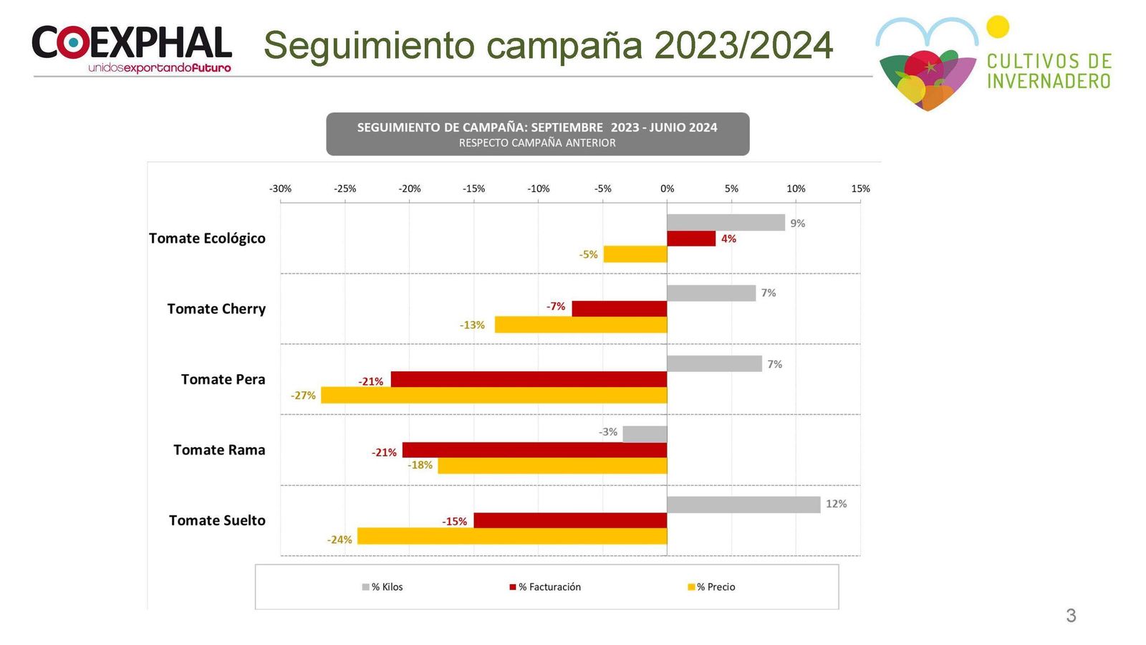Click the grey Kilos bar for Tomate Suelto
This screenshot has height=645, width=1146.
coord(743,505)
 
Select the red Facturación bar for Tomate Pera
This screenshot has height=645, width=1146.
coord(529,379)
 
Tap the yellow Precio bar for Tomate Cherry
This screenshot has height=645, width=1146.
coord(580,325)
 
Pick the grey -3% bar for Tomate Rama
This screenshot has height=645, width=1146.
coord(645,434)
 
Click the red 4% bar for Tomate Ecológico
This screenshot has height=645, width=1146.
coord(690,239)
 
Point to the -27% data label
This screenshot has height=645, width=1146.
coord(303,396)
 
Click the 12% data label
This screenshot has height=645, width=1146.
coord(836,504)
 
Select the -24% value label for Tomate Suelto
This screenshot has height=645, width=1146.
coord(340,540)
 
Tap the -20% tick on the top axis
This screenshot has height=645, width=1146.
coord(410,188)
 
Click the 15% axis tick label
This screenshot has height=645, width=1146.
coord(860,188)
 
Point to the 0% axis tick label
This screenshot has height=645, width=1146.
coord(667,188)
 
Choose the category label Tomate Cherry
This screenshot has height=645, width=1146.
coord(216,309)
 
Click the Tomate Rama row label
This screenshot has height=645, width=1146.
coord(219,450)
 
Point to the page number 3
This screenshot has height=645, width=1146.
coord(1071,616)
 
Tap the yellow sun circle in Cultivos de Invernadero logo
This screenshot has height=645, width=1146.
coord(997,27)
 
